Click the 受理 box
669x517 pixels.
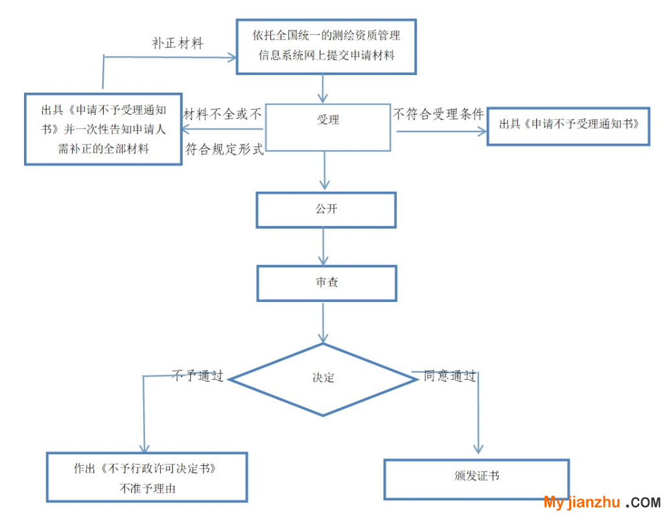pyautogui.click(x=327, y=127)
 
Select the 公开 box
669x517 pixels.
pyautogui.click(x=326, y=210)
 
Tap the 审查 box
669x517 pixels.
pyautogui.click(x=326, y=283)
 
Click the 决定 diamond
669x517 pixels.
pyautogui.click(x=323, y=378)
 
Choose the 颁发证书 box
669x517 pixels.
pyautogui.click(x=476, y=479)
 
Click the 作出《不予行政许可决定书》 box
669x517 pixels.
pyautogui.click(x=147, y=477)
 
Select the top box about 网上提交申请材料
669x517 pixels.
pyautogui.click(x=326, y=45)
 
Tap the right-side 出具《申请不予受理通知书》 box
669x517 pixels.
pyautogui.click(x=569, y=126)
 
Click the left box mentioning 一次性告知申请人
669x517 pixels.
pyautogui.click(x=103, y=128)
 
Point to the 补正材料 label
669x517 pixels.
pyautogui.click(x=178, y=43)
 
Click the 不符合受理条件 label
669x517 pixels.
pyautogui.click(x=439, y=115)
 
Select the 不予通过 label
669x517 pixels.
pyautogui.click(x=198, y=376)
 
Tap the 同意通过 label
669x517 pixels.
pyautogui.click(x=450, y=376)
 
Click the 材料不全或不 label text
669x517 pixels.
pyautogui.click(x=223, y=115)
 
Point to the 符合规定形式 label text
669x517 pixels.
pyautogui.click(x=224, y=149)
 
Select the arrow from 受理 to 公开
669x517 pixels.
pyautogui.click(x=324, y=171)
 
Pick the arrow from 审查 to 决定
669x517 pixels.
pyautogui.click(x=323, y=322)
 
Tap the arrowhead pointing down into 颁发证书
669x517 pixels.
pyautogui.click(x=479, y=448)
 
